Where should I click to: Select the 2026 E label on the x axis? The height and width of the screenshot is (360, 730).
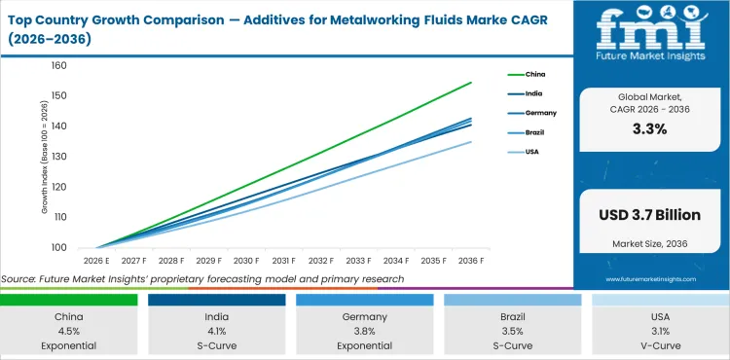tap(95, 261)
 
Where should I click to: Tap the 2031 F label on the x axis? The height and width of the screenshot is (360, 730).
tap(284, 261)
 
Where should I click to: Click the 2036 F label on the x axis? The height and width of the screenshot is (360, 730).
tap(472, 261)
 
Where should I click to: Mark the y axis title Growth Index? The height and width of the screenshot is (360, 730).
tap(44, 157)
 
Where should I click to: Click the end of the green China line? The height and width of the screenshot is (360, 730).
tap(472, 82)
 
